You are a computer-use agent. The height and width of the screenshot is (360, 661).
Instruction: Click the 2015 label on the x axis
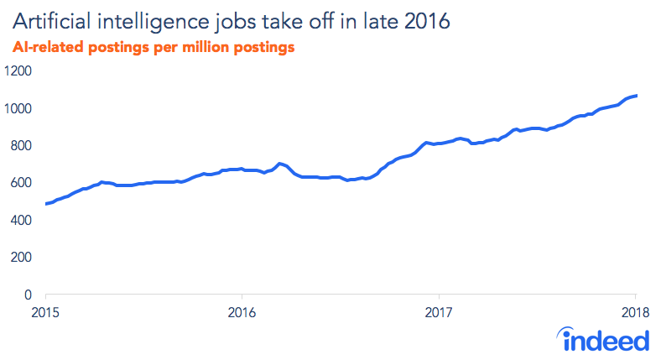pos(46,313)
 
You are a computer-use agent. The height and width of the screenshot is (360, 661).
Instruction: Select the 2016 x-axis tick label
pos(242,313)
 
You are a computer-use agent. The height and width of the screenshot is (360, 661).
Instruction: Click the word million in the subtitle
pos(210,48)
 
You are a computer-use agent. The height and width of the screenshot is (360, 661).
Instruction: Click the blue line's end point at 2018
pos(636,96)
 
